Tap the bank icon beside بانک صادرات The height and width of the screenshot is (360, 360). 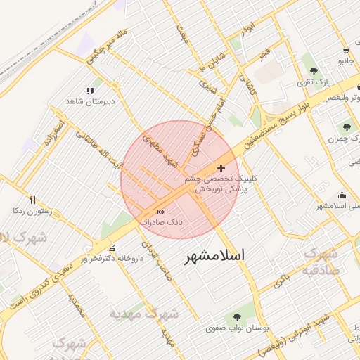click(x=162, y=211)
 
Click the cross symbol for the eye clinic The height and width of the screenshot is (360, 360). click(x=222, y=168)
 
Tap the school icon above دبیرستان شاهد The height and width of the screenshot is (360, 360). click(x=89, y=91)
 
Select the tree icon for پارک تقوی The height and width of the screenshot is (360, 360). click(x=313, y=71)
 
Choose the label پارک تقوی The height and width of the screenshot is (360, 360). click(x=314, y=82)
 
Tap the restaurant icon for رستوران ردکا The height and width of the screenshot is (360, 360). click(x=32, y=200)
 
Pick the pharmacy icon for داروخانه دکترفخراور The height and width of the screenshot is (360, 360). click(x=112, y=247)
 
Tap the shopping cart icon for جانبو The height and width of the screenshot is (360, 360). click(x=346, y=50)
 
